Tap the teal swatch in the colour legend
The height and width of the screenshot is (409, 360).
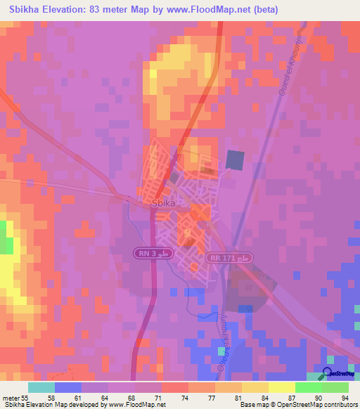tap(41, 387)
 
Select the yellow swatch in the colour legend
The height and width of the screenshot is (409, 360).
tap(281, 387)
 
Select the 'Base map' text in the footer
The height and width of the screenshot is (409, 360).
tap(250, 404)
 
